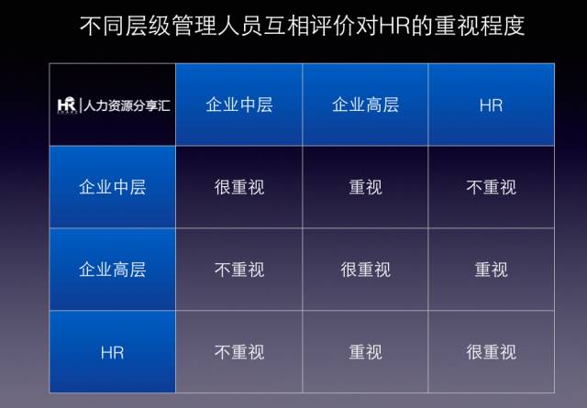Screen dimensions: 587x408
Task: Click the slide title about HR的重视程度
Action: click(302, 26)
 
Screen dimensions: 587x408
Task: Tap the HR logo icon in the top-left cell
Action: click(67, 105)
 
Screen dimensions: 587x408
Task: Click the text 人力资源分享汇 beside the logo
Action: click(127, 105)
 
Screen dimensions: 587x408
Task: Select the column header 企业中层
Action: click(239, 105)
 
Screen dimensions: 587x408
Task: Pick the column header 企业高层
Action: click(365, 105)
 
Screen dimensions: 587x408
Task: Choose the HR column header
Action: click(492, 105)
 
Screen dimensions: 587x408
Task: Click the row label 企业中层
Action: click(112, 187)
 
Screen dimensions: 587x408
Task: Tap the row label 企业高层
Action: click(112, 270)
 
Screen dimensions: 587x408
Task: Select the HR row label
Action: click(112, 353)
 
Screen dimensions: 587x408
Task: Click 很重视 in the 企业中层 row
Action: click(239, 187)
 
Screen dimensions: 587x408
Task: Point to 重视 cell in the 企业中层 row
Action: click(365, 187)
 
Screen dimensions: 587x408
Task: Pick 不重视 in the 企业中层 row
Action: click(492, 187)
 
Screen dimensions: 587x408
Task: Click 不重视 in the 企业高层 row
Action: click(239, 270)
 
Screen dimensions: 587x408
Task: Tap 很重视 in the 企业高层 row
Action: click(365, 270)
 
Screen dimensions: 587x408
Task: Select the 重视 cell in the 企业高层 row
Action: click(492, 270)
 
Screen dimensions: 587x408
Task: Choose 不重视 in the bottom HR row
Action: click(239, 352)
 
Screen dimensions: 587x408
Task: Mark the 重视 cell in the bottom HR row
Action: click(365, 352)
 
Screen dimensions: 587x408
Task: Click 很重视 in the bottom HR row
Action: click(492, 352)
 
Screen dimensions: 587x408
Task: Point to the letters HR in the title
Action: click(395, 27)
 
